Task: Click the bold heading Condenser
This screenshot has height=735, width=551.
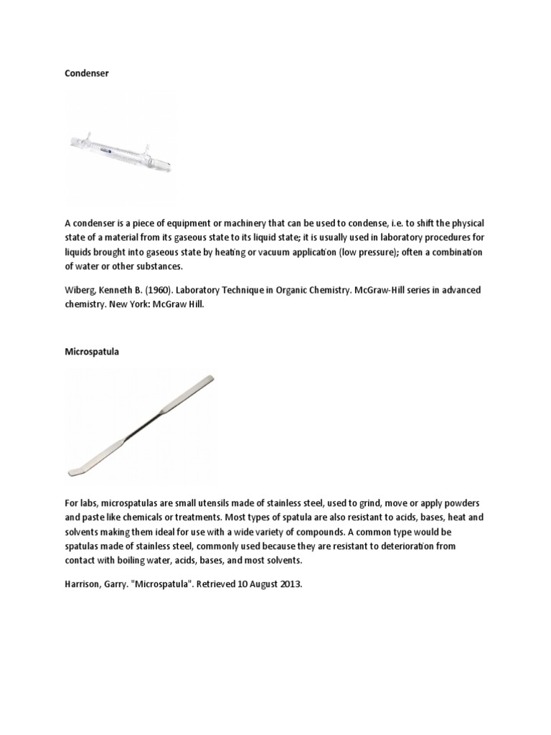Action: point(87,73)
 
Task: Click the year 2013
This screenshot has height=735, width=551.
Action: point(291,584)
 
